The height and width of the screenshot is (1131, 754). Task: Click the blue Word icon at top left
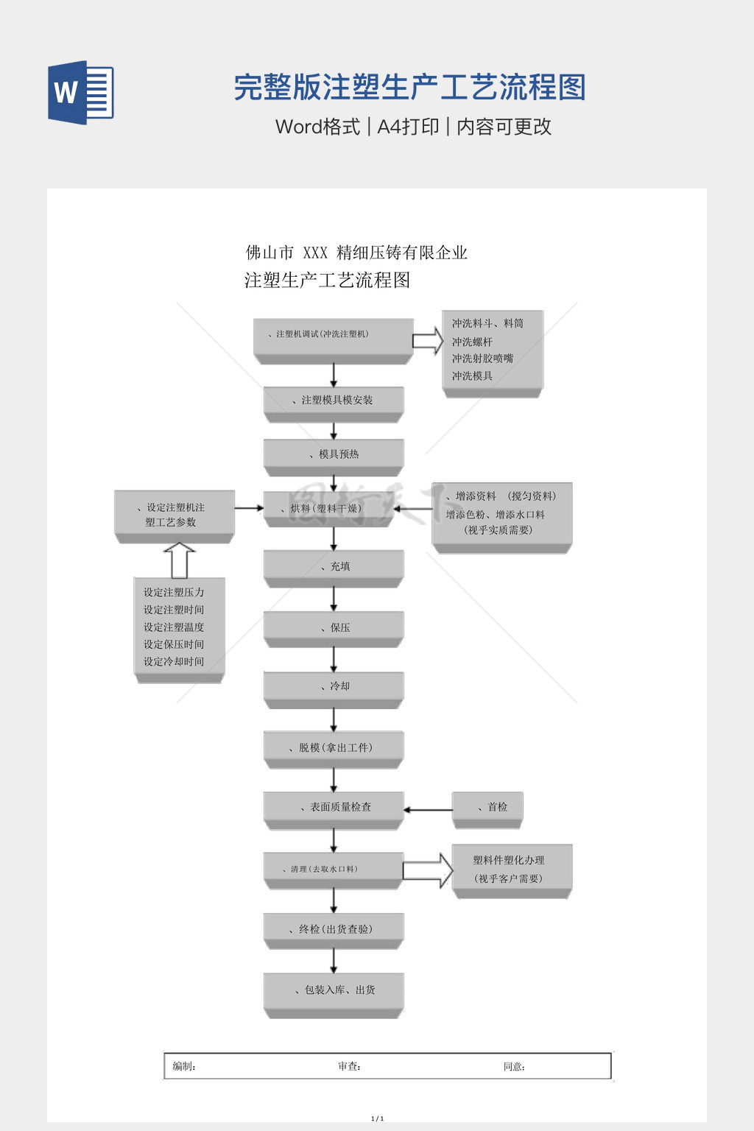point(80,93)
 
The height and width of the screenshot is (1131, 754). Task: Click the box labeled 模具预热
point(334,455)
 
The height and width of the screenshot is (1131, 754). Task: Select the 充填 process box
point(334,566)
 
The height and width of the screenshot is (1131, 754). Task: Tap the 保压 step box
point(334,627)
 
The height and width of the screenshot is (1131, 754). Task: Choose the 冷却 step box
point(334,686)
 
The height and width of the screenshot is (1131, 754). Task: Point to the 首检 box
point(487,808)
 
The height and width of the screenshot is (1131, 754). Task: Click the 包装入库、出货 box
point(334,990)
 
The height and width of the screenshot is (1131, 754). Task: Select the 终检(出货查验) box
point(334,929)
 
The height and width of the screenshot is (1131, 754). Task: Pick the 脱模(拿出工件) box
point(334,747)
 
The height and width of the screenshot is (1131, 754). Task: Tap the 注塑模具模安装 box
point(334,401)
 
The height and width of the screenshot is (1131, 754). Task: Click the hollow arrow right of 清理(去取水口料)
point(428,870)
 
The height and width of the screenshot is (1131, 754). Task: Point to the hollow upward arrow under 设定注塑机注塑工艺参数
point(179,560)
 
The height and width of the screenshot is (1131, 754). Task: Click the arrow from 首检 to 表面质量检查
point(428,810)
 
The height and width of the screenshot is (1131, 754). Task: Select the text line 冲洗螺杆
point(472,342)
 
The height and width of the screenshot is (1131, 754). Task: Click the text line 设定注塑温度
point(174,627)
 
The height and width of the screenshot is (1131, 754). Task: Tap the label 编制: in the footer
point(184,1066)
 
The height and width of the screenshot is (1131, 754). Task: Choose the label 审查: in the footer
point(349,1066)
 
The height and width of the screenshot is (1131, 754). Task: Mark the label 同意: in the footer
point(514,1066)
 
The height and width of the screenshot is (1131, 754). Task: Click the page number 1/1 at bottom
point(377,1118)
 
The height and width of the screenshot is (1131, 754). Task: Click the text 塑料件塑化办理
point(509,860)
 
